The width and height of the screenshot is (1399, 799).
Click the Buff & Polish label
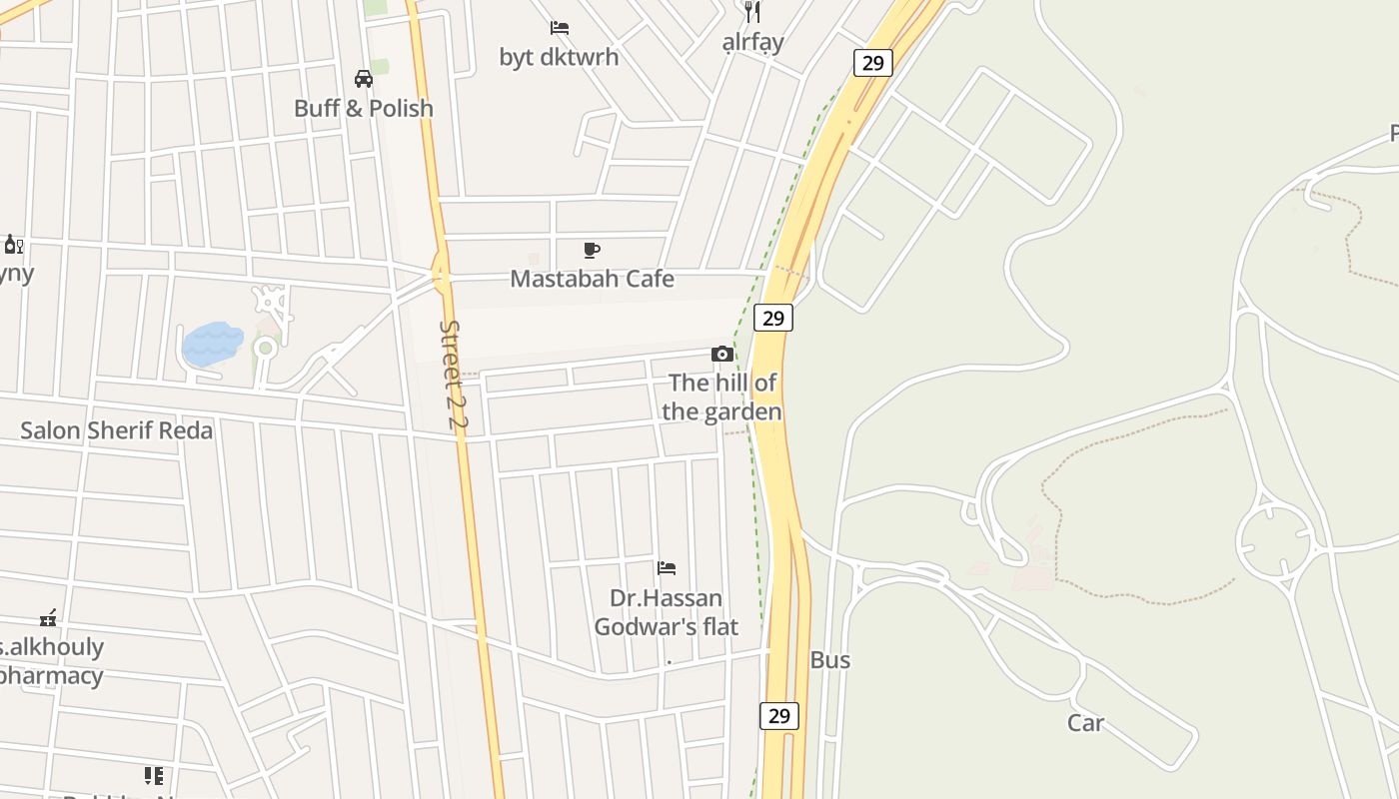tap(364, 108)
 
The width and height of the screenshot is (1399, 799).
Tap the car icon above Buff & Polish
tap(364, 79)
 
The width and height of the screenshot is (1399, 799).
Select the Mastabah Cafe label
tap(592, 279)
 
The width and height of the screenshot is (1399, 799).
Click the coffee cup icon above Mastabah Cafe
tap(592, 250)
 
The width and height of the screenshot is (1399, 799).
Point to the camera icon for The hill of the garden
tap(721, 355)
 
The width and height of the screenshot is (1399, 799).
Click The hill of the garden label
tap(721, 397)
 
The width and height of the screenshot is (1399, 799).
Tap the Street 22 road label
tap(454, 375)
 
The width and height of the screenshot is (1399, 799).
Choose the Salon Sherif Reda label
tap(117, 430)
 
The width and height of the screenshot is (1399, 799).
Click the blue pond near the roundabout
tap(213, 343)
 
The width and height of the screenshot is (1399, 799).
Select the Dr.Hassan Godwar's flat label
tap(667, 612)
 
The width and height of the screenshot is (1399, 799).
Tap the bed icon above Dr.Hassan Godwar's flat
tap(667, 568)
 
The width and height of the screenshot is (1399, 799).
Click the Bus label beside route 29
tap(829, 660)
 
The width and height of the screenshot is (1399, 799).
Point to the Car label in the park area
tap(1085, 723)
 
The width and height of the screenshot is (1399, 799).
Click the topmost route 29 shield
tap(872, 63)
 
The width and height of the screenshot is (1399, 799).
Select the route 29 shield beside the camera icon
tap(773, 318)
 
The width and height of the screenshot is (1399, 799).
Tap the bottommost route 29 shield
tap(779, 715)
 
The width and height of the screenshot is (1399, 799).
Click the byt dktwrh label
tap(559, 57)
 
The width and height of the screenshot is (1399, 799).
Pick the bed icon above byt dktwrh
tap(560, 28)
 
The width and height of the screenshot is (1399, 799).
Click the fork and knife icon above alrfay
tap(752, 12)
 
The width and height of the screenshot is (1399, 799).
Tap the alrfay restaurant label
tap(752, 42)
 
